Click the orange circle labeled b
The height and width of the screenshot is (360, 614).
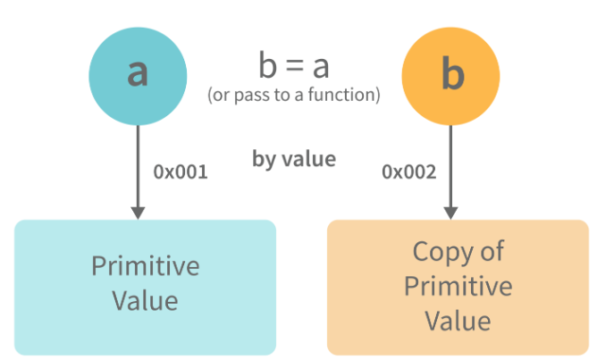451,77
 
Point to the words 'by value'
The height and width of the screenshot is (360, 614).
294,160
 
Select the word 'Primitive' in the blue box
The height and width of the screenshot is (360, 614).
146,266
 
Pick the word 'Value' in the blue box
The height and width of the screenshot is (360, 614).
146,299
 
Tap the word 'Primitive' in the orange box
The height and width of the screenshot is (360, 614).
458,286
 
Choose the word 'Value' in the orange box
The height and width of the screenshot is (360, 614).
458,320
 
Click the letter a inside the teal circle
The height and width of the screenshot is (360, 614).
138,73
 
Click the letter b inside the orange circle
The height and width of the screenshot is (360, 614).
453,76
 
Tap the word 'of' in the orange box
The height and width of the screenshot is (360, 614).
492,251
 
